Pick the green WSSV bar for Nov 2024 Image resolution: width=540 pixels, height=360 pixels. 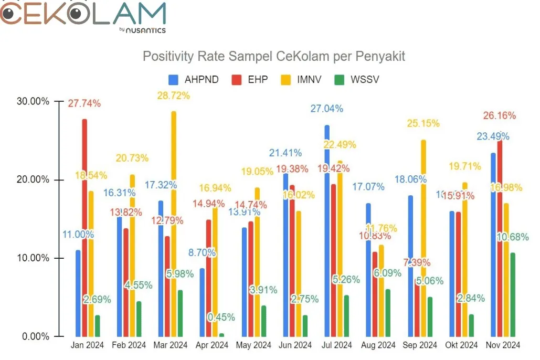[512, 294]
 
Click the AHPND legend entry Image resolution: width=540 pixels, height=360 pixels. [194, 80]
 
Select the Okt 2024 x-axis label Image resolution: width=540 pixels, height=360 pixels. [462, 345]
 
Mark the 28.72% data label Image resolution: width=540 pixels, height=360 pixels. [174, 96]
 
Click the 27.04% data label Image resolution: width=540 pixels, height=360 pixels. [327, 109]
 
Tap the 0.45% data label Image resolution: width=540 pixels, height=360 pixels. [221, 317]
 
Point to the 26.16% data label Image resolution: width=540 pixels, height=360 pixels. [500, 115]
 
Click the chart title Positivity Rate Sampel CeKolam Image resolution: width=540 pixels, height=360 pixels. [274, 56]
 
